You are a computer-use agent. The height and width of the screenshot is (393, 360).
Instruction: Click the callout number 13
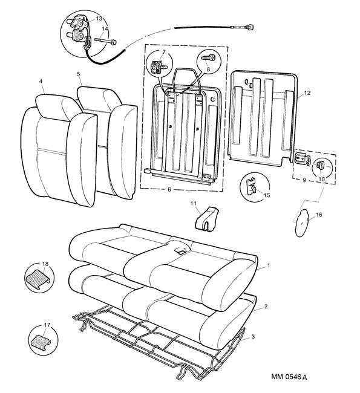coord(99,19)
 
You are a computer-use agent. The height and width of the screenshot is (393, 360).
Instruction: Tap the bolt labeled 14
coord(105,41)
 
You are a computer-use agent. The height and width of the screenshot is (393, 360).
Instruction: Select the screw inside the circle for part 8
coord(209,58)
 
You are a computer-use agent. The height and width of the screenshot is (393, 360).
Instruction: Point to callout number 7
coord(164,52)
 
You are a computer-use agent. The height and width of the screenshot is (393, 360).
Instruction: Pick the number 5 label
coord(78,74)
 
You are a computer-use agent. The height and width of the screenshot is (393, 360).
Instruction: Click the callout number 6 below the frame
coord(169,189)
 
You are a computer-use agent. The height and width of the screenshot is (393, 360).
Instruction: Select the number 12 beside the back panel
coord(307,93)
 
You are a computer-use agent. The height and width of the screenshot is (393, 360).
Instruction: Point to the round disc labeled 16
coord(301,222)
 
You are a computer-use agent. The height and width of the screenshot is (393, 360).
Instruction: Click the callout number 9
coord(304,180)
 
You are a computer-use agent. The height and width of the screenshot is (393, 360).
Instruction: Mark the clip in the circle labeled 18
coord(38,279)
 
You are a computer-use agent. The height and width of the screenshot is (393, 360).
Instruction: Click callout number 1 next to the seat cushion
coord(269,265)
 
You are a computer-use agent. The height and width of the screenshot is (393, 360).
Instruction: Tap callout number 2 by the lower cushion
coord(266,307)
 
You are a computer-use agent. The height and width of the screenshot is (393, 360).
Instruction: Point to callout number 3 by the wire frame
coord(253,337)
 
